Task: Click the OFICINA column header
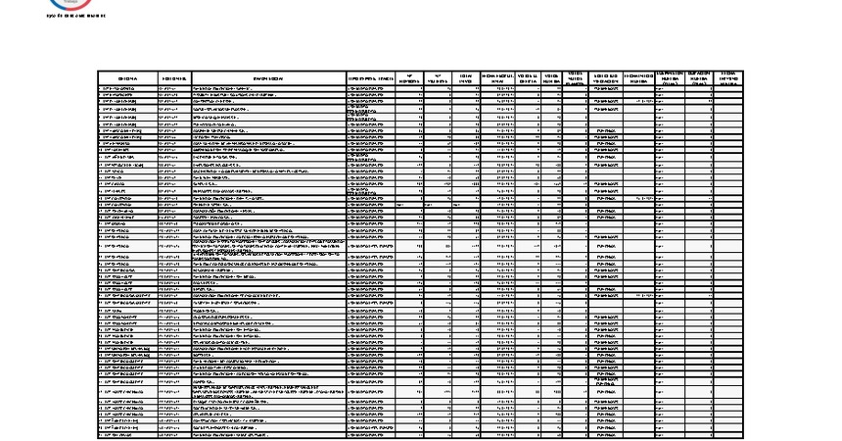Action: pos(127,78)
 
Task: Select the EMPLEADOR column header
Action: pos(268,78)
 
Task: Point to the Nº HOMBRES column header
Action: pos(409,78)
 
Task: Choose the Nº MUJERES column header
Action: pos(439,78)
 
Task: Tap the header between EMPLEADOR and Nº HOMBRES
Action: pos(371,78)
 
